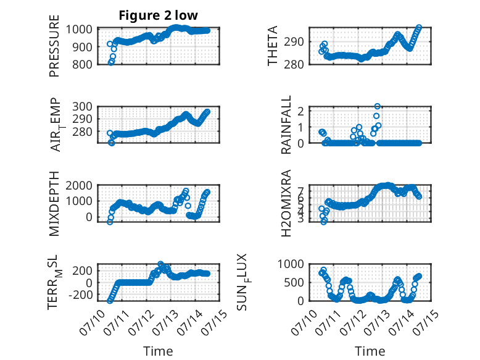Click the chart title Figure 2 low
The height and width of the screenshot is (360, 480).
[159, 15]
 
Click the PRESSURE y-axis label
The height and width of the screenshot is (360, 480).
[54, 46]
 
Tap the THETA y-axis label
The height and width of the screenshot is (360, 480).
[272, 46]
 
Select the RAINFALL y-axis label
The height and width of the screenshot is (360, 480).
[286, 125]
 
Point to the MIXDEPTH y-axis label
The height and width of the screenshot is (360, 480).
[54, 204]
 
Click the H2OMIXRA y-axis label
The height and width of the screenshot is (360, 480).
[286, 203]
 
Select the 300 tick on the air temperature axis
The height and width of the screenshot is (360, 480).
[82, 106]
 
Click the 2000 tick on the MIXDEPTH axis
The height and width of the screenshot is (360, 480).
[79, 185]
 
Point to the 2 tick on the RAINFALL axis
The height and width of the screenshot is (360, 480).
[300, 111]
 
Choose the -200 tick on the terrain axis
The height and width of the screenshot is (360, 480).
[81, 295]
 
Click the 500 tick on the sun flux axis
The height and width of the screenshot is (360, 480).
[294, 282]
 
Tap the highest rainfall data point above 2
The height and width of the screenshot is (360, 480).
[378, 106]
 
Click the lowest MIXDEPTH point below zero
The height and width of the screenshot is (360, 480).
[110, 222]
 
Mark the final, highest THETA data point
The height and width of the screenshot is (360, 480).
[419, 28]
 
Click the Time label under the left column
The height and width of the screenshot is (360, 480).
[158, 351]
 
